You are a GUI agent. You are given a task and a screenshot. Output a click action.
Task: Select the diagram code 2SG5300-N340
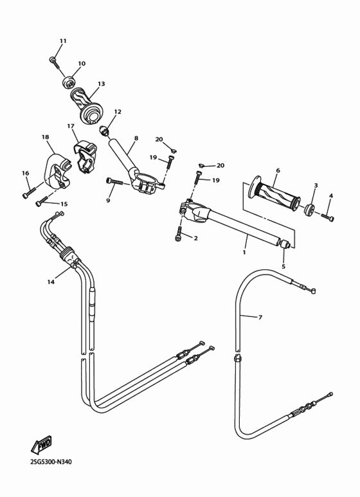(51, 462)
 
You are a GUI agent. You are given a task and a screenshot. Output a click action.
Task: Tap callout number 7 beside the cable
(260, 318)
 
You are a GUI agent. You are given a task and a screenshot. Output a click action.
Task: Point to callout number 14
(51, 282)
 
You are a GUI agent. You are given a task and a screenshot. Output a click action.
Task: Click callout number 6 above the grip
(277, 171)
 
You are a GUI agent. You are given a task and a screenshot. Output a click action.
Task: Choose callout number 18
(45, 137)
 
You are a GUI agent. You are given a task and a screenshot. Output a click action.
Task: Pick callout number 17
(71, 126)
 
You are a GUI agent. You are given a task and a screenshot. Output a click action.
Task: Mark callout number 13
(101, 84)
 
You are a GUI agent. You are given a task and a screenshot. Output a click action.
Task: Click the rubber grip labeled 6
(277, 195)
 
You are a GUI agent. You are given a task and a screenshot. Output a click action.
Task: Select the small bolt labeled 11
(53, 61)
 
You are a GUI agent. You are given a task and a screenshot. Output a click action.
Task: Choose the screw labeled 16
(27, 193)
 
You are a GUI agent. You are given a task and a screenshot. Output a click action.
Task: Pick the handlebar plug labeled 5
(284, 244)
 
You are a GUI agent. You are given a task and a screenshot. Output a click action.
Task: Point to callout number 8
(136, 138)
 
